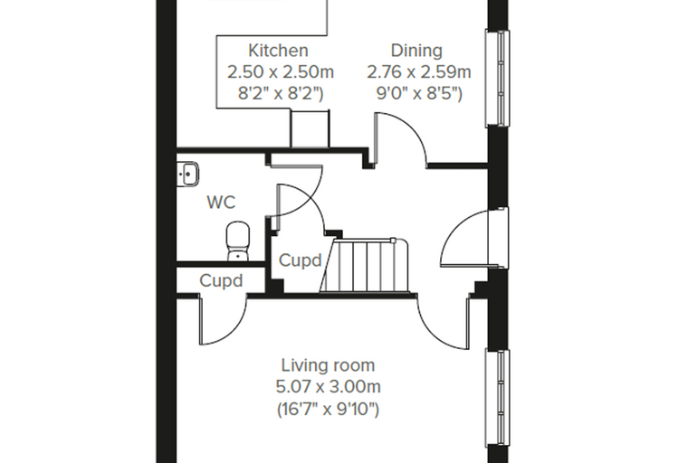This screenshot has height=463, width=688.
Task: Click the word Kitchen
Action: (x=278, y=51)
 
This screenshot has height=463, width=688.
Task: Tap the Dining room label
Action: (x=416, y=51)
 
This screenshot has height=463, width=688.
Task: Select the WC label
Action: (x=221, y=203)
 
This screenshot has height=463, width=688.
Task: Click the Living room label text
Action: (x=328, y=364)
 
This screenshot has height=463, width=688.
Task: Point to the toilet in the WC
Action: (x=238, y=241)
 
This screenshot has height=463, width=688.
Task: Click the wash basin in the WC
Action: (x=187, y=174)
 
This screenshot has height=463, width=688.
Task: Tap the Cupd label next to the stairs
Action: (x=301, y=260)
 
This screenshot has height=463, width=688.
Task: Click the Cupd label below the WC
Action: (x=221, y=280)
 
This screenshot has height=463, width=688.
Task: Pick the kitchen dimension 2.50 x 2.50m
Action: (x=281, y=72)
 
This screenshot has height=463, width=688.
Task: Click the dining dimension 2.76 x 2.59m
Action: (x=419, y=72)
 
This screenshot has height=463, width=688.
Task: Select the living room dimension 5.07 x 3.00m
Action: (x=328, y=387)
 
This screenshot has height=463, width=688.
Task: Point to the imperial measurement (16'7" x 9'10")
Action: (x=328, y=409)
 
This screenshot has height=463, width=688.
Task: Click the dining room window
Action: (x=497, y=79)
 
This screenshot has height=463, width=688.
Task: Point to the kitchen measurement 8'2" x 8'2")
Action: (x=281, y=93)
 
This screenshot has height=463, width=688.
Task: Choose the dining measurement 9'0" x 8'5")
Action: (x=419, y=93)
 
